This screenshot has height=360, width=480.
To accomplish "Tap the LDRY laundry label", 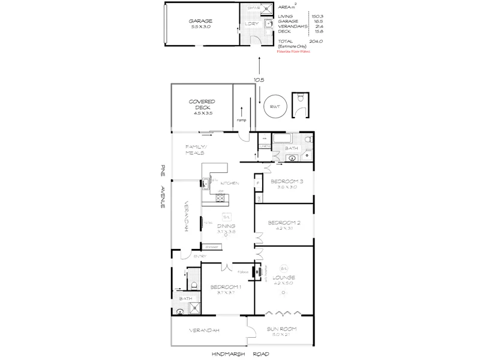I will click(x=251, y=23).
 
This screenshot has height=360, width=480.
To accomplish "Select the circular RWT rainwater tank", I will click(x=275, y=106).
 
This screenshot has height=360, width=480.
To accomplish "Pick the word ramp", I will click(x=241, y=120).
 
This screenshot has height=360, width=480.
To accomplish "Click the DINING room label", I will click(x=226, y=226).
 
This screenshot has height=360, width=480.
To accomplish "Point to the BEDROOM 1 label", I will click(x=226, y=287).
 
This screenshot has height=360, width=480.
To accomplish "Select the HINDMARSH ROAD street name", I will click(x=240, y=354).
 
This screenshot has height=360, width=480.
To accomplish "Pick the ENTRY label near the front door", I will click(x=183, y=257).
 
